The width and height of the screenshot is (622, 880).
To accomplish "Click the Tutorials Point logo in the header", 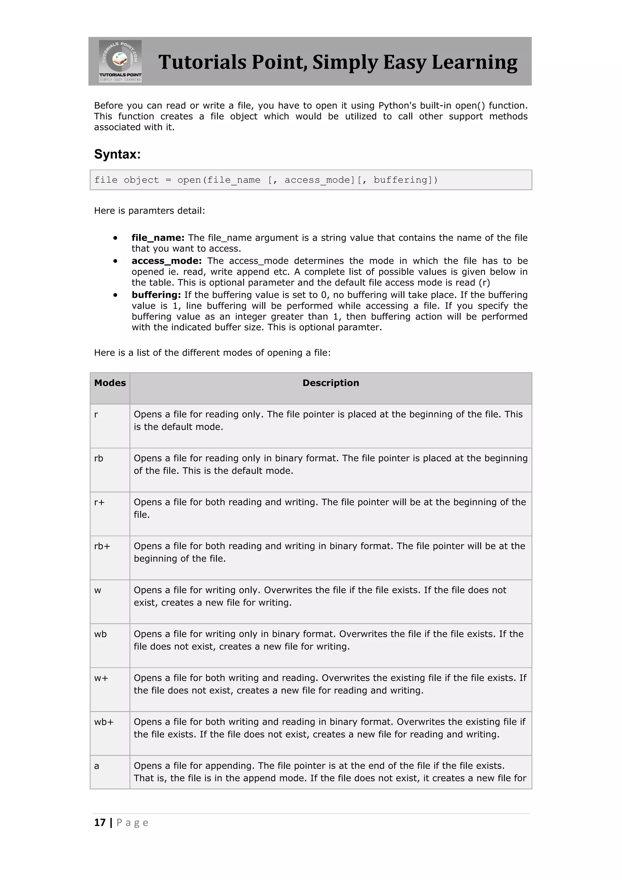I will [120, 61].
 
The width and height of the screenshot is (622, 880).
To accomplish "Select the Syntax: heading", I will [117, 154].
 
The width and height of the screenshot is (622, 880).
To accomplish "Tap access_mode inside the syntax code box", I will [319, 180].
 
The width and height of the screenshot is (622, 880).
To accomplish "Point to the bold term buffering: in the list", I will [156, 295].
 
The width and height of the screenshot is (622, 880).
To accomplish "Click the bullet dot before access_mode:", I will [115, 261].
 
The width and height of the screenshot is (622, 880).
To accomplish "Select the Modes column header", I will [110, 383].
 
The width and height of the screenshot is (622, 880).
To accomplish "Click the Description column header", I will [330, 383].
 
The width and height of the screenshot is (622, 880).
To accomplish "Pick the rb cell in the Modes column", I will [99, 459].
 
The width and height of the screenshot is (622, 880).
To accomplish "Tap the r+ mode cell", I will [99, 502].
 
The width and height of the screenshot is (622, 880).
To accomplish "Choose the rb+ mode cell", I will [102, 546].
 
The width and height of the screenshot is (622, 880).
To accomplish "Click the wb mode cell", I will [100, 634].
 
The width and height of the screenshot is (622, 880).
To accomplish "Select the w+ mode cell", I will [101, 678].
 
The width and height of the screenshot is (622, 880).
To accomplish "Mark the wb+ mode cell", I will [104, 722].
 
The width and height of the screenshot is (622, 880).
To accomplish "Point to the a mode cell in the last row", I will [97, 766].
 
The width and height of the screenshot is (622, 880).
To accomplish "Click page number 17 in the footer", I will [100, 823].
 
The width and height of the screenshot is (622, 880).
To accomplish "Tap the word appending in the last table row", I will [231, 766].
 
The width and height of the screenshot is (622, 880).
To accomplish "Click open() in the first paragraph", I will [470, 105].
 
